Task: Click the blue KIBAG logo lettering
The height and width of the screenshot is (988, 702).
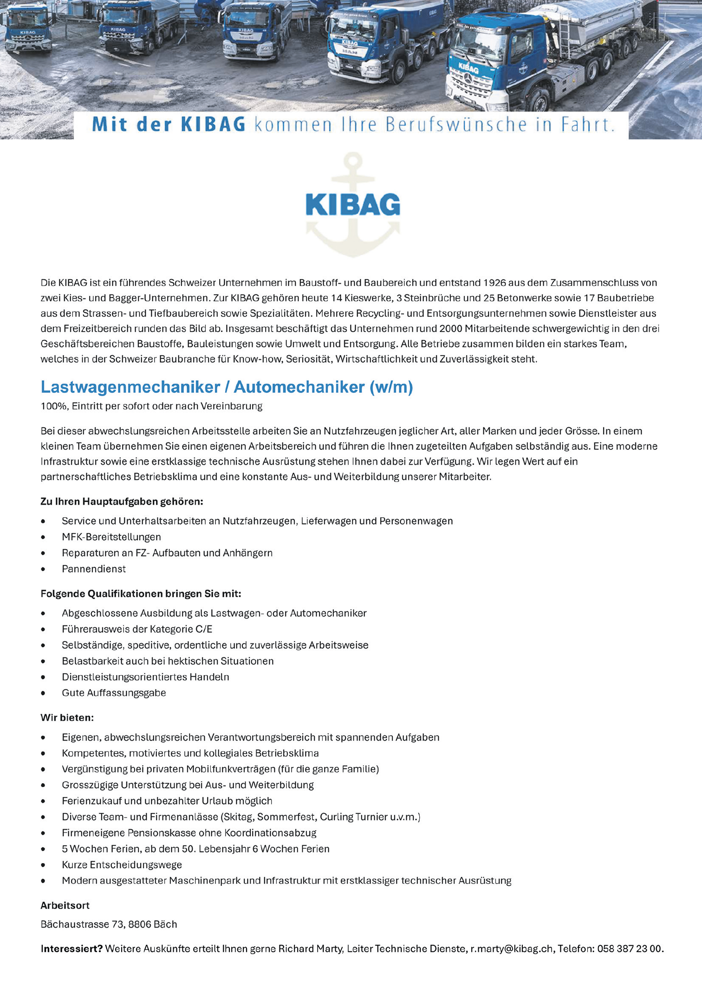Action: point(353,205)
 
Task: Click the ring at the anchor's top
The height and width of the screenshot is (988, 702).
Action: point(353,162)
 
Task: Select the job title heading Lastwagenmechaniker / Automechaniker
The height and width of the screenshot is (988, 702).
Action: point(227,387)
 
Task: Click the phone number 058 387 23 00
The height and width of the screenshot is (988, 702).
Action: point(629,949)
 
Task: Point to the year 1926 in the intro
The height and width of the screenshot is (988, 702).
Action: point(494,283)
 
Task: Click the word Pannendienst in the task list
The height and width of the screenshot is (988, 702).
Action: point(94,569)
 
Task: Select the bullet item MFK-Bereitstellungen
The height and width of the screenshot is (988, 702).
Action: point(111,537)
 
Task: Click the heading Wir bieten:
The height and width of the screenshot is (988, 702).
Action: point(67,718)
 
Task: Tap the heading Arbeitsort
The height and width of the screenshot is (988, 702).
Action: point(65,905)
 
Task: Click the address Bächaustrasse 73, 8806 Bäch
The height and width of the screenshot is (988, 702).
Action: point(109,924)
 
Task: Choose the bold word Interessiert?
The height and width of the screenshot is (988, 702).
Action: point(71,949)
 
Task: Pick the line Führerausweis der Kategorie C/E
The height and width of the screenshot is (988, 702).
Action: point(137,629)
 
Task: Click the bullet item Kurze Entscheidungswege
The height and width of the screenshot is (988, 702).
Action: point(122,864)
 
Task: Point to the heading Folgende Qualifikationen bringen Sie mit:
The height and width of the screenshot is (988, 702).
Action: point(141,594)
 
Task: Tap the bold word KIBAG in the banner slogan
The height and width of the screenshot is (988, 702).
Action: point(212,125)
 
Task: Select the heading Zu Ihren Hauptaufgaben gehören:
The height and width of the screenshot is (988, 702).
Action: point(122,501)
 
